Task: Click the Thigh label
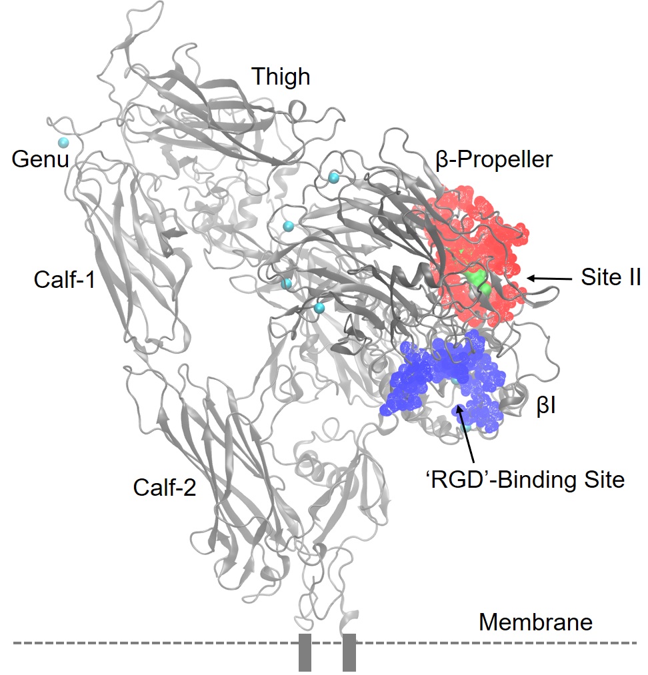[281, 77]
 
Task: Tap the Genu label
[40, 160]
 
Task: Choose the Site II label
[610, 277]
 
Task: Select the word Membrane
[535, 622]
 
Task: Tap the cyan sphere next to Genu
[64, 143]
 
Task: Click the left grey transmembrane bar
[305, 652]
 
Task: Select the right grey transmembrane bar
[349, 652]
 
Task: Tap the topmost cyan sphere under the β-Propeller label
[333, 177]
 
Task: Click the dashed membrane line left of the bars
[153, 643]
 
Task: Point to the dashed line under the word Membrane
[533, 643]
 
